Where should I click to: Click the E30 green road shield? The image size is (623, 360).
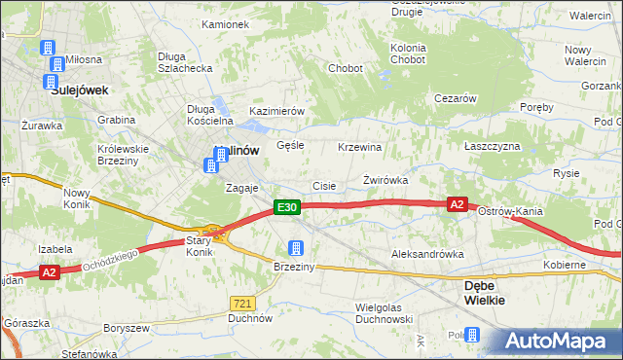pyautogui.click(x=285, y=207)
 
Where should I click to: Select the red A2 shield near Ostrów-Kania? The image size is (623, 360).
pyautogui.click(x=458, y=204)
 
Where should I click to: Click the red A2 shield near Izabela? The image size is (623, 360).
pyautogui.click(x=51, y=273)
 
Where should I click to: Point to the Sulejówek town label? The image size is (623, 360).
pyautogui.click(x=79, y=90)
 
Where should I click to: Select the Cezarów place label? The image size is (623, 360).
pyautogui.click(x=455, y=98)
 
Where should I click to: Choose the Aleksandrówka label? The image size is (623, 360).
pyautogui.click(x=426, y=254)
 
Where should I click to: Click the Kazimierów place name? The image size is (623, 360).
pyautogui.click(x=277, y=112)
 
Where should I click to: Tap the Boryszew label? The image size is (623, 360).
pyautogui.click(x=125, y=329)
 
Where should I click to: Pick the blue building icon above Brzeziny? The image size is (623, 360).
pyautogui.click(x=296, y=248)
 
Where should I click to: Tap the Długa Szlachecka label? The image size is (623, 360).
pyautogui.click(x=185, y=62)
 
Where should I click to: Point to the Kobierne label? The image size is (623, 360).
pyautogui.click(x=565, y=265)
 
